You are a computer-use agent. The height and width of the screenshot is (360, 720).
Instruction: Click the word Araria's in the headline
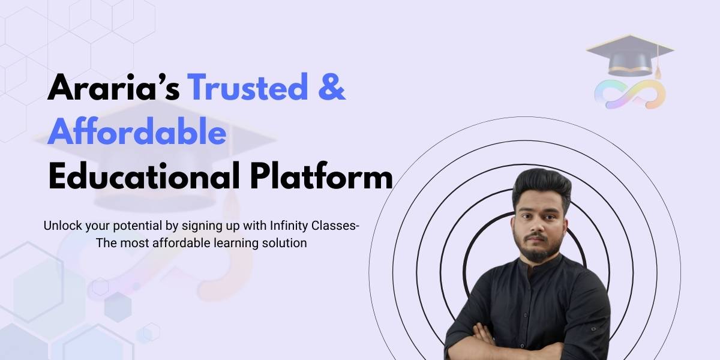[x=114, y=88]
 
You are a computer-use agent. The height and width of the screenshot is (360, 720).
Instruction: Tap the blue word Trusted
[x=248, y=88]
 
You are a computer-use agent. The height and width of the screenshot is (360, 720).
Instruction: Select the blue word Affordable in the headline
[x=137, y=132]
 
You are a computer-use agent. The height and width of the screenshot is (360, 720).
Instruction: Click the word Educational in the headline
[x=145, y=176]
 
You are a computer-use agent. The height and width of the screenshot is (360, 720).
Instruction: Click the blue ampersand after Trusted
[x=332, y=88]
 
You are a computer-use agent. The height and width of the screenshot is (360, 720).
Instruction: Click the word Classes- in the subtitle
[x=335, y=226]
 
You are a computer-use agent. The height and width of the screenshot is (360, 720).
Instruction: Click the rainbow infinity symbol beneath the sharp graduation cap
[x=630, y=94]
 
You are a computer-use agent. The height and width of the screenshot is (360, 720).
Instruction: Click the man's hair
[x=541, y=187]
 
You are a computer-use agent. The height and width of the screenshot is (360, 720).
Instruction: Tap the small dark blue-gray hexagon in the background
[x=118, y=307]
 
